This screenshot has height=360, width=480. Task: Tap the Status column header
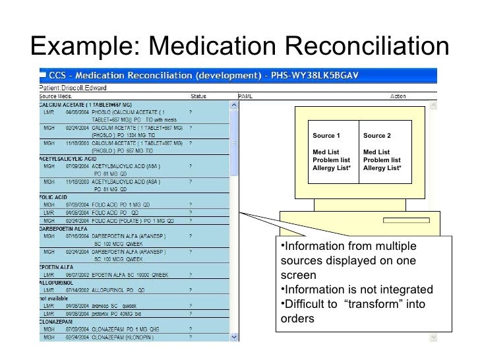coord(198,96)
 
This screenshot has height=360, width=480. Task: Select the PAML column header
coord(244,96)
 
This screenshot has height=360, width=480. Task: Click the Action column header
coord(398,96)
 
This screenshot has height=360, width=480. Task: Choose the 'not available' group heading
coord(57,297)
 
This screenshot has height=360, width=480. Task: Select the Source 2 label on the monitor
coord(377,136)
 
